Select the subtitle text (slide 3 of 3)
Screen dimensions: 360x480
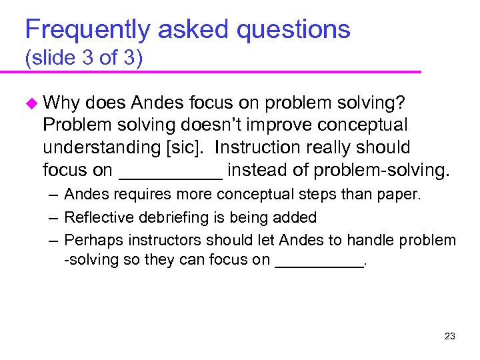(83, 59)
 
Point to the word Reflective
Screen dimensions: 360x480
(93, 217)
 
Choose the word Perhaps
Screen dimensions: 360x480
(88, 239)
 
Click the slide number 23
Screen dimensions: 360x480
(449, 336)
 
